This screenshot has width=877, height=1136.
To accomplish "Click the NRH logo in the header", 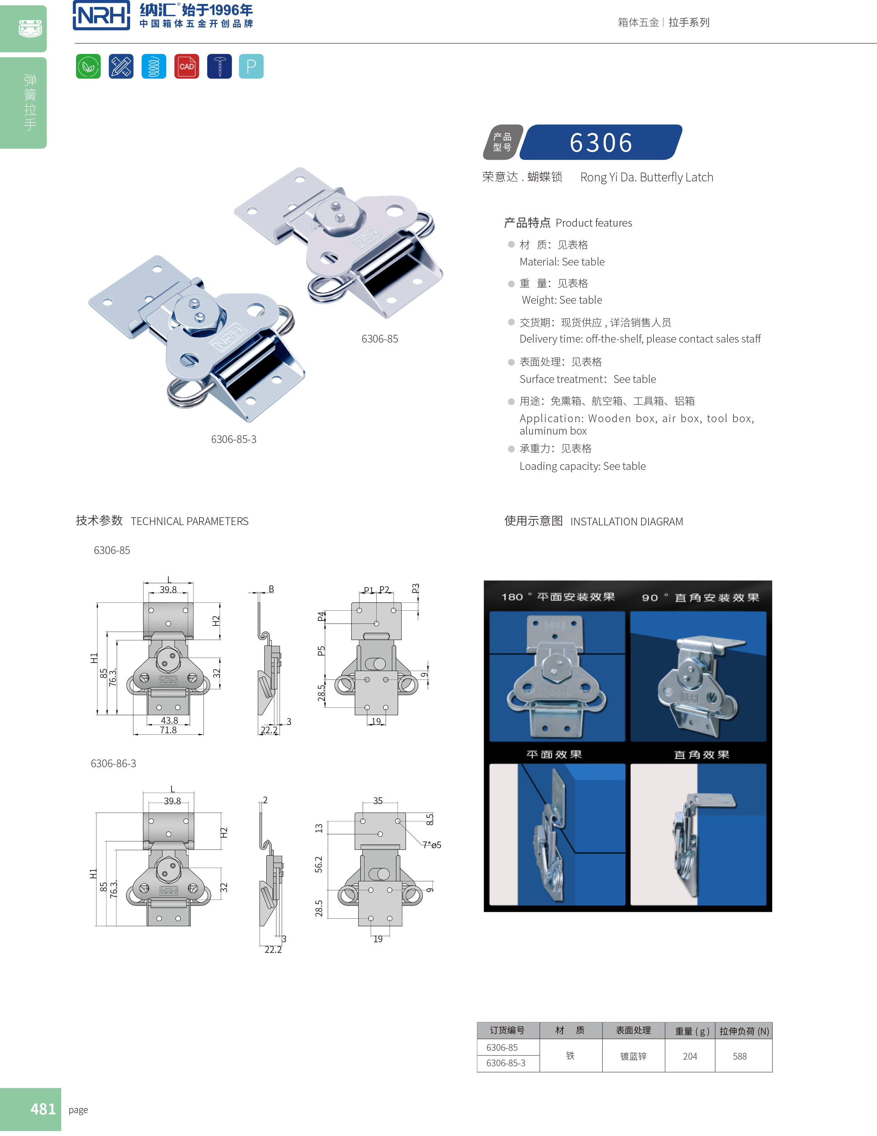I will pyautogui.click(x=101, y=16).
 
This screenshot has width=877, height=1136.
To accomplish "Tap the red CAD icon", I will pyautogui.click(x=186, y=66).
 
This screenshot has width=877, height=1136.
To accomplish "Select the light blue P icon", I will pyautogui.click(x=251, y=66).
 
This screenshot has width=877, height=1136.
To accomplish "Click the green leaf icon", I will pyautogui.click(x=88, y=66).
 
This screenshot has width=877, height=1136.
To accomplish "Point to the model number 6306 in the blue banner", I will pyautogui.click(x=601, y=142).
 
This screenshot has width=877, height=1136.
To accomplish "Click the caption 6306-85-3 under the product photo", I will pyautogui.click(x=233, y=439).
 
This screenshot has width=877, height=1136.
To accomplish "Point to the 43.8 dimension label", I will pyautogui.click(x=169, y=721).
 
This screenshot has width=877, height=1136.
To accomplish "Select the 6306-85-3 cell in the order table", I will pyautogui.click(x=506, y=1063).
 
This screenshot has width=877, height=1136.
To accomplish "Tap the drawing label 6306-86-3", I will pyautogui.click(x=114, y=764).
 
